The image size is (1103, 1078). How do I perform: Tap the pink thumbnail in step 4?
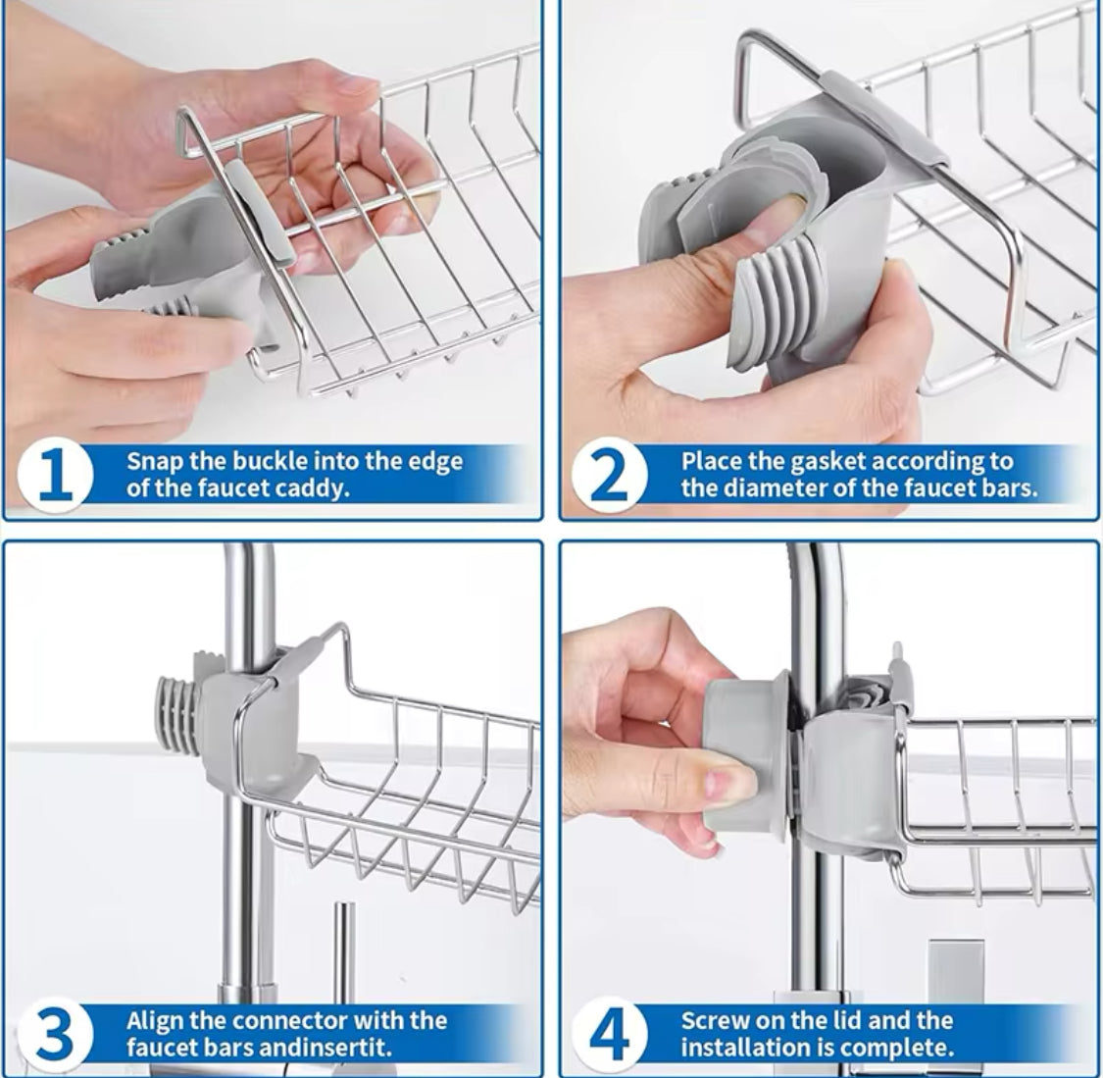(x=731, y=784)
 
